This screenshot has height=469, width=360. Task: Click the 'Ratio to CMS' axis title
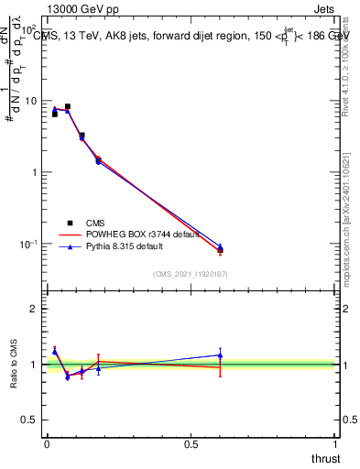pos(14,364)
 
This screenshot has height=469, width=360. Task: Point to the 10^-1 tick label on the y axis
pos(28,244)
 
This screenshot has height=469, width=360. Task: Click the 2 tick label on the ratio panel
pos(34,309)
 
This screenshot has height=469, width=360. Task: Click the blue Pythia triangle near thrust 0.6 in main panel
pos(220,246)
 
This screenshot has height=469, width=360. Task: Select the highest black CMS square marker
pos(67,107)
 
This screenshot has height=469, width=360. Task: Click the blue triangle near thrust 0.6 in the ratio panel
pos(220,354)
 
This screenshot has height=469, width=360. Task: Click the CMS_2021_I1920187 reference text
pos(190,274)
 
